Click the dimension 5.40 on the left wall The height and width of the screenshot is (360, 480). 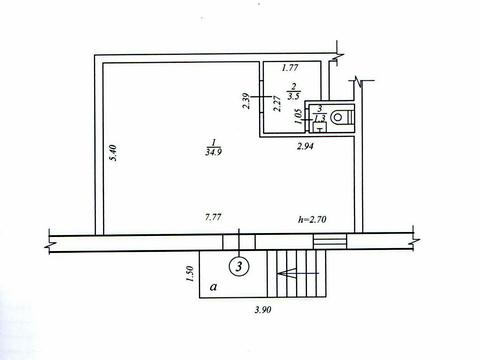pos(114,153)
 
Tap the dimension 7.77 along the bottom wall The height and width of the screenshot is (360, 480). pos(213,217)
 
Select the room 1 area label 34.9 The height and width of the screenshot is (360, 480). pos(214,152)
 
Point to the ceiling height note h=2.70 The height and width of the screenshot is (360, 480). pos(312,219)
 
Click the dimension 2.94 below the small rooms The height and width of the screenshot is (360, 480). pos(305,146)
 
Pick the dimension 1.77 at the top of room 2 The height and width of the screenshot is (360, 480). pos(290,68)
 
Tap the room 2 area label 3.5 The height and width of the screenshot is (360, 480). pos(294,96)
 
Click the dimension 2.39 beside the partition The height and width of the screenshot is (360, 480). pos(246,101)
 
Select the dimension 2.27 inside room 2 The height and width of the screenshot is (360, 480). pos(277,104)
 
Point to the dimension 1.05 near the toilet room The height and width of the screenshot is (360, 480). pos(299,117)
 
